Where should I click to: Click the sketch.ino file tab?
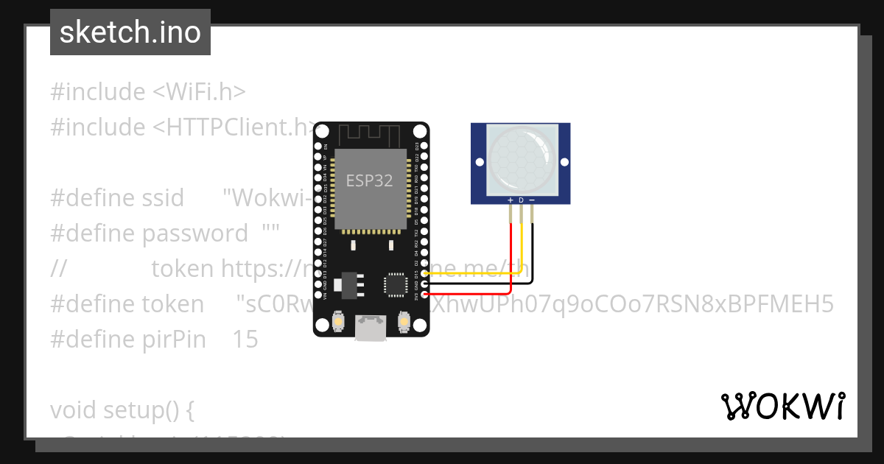130,32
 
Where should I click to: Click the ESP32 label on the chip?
370,180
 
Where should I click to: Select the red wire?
511,250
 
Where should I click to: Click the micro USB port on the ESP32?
370,328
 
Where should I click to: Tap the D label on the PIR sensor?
521,200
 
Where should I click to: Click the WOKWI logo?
783,407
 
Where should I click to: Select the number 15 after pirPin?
245,339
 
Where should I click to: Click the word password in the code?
195,233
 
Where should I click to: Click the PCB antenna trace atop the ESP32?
370,136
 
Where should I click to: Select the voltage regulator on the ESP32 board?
347,283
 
